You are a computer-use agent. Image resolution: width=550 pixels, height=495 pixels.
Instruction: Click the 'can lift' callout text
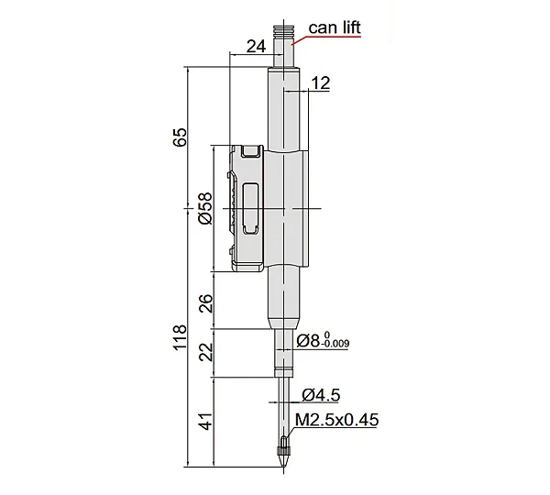(x=335, y=27)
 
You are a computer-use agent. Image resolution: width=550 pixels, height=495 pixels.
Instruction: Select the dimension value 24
(x=256, y=46)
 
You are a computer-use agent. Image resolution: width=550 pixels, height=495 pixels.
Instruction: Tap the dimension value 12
(x=321, y=83)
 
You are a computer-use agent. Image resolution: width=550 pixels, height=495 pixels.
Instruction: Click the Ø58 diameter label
(x=205, y=208)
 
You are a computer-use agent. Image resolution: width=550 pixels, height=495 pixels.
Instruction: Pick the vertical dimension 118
(x=180, y=337)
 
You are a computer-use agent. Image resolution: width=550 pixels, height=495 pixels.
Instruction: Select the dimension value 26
(x=206, y=303)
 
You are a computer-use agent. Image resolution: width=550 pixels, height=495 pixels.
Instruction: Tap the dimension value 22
(x=206, y=352)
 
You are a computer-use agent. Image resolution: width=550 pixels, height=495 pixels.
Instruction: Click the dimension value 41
(x=206, y=421)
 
